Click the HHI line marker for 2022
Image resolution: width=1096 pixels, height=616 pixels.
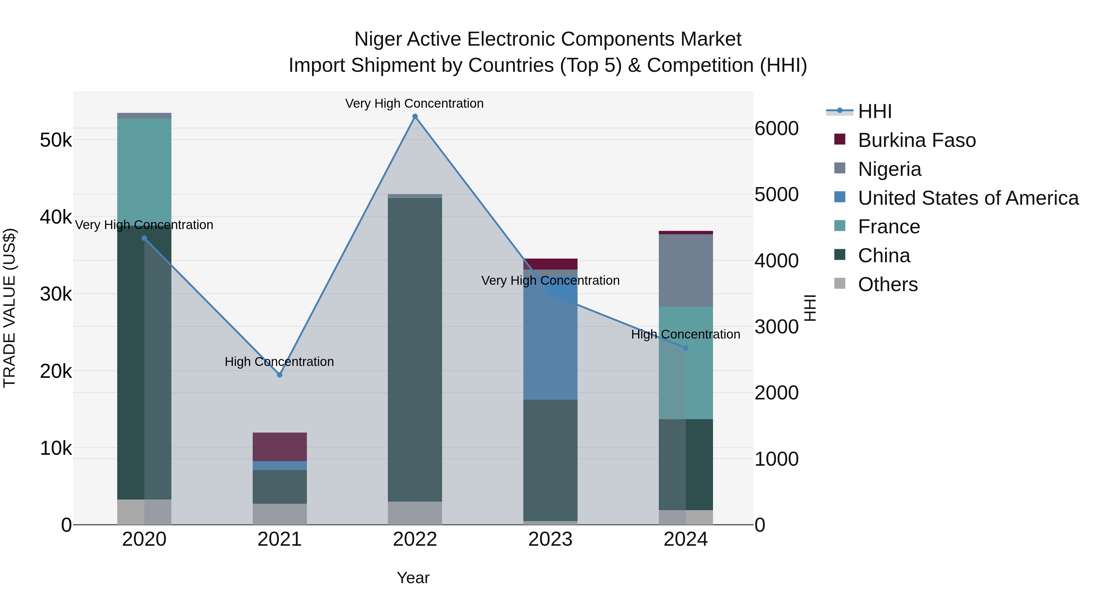(x=415, y=117)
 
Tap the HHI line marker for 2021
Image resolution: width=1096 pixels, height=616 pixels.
(x=279, y=374)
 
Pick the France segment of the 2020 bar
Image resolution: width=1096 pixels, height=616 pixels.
(x=144, y=170)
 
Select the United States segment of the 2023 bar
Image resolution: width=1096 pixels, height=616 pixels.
(x=550, y=340)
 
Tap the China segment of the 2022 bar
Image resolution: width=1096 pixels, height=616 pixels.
(x=415, y=349)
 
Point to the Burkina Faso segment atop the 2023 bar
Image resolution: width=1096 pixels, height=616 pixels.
(x=550, y=263)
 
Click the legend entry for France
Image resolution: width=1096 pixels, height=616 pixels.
(x=889, y=227)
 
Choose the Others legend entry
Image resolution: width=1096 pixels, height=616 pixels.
(x=887, y=284)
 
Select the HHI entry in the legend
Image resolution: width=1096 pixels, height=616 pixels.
(x=874, y=111)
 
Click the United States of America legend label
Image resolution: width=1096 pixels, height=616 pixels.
(x=968, y=198)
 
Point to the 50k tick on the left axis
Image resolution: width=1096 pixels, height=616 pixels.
(x=56, y=140)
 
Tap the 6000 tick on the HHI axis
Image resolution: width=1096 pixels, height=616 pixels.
(x=776, y=128)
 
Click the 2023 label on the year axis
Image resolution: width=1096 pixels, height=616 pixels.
(x=550, y=539)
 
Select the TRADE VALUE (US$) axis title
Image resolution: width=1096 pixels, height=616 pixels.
(x=9, y=308)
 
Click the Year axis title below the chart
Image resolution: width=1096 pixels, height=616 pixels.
(x=413, y=578)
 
